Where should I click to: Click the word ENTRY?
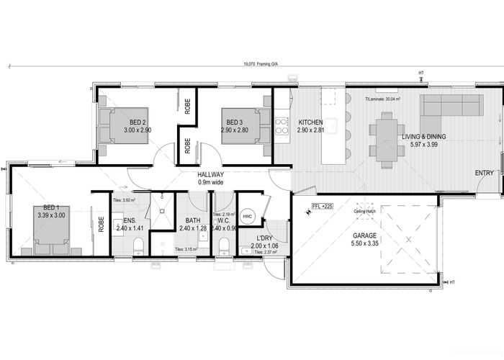[485, 173]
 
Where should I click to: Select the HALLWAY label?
[212, 175]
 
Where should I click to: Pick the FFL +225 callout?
[322, 206]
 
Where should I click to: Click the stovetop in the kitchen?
[281, 126]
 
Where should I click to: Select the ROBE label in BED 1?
[101, 223]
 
